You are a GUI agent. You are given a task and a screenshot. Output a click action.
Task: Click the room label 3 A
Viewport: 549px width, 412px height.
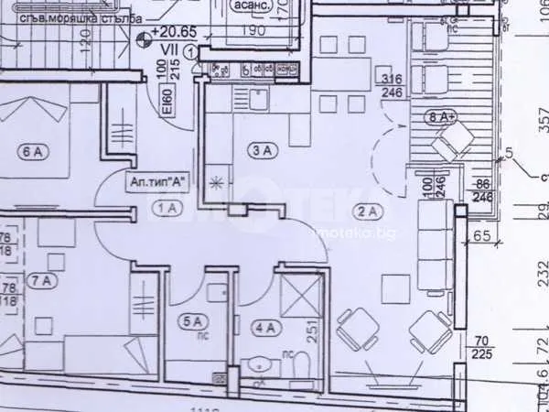click(x=263, y=149)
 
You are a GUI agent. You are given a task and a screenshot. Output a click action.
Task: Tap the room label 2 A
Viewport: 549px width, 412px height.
click(x=366, y=212)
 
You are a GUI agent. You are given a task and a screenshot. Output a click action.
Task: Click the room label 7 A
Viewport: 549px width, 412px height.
click(x=42, y=279)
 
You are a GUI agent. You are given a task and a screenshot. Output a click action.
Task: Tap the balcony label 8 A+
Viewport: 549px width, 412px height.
click(x=443, y=117)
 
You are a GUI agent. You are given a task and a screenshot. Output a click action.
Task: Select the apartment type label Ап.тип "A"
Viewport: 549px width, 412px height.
click(x=159, y=181)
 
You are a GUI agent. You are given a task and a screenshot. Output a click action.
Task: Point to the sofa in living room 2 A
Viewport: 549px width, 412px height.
click(x=435, y=244)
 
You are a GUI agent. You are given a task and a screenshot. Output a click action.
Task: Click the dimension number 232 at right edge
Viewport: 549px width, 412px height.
click(x=540, y=273)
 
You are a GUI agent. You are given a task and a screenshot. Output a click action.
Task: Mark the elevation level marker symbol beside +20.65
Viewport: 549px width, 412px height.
click(x=144, y=38)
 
